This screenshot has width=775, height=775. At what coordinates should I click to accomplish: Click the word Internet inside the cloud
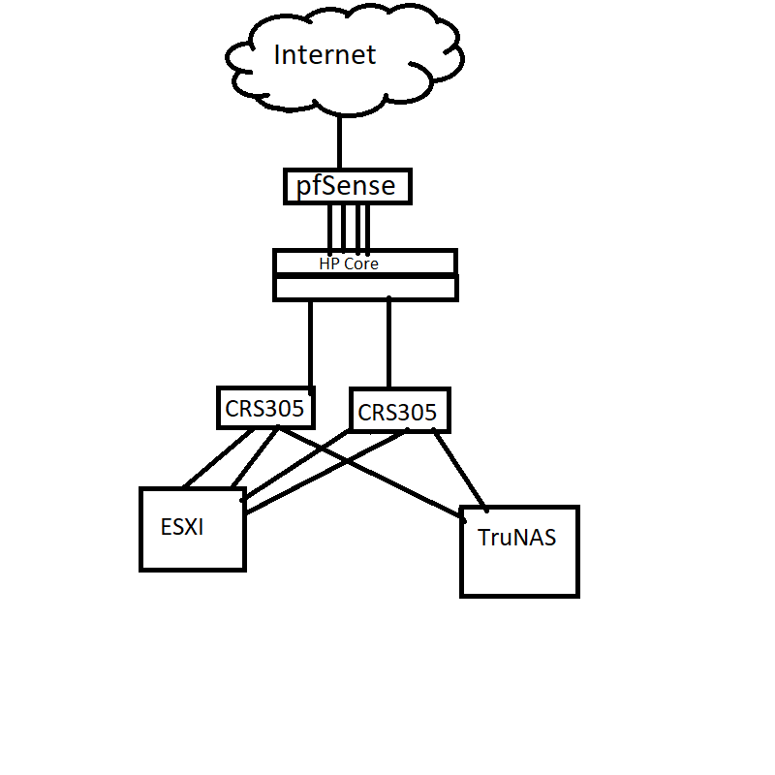click(324, 55)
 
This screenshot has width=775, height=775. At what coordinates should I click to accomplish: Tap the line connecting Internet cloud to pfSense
click(339, 141)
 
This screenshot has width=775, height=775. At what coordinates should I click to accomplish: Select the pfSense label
click(346, 186)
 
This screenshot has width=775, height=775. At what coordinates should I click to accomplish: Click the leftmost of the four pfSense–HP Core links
click(330, 227)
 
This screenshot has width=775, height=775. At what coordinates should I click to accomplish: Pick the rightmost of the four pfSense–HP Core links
click(368, 227)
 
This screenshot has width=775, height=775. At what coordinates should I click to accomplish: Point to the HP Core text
click(349, 263)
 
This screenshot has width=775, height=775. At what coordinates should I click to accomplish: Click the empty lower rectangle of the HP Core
click(365, 288)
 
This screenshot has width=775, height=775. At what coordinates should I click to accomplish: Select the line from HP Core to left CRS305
click(311, 344)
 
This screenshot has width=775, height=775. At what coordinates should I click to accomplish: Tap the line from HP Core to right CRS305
click(388, 344)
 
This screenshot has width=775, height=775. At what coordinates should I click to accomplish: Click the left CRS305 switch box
click(265, 409)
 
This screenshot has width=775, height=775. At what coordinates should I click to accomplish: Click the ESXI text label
click(182, 528)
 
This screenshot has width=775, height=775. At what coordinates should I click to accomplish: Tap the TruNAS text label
click(517, 538)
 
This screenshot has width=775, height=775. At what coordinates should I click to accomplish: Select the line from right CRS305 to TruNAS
click(459, 469)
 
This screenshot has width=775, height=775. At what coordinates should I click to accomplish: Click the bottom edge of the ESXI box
click(193, 569)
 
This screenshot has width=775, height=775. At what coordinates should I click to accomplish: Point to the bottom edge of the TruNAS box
click(519, 595)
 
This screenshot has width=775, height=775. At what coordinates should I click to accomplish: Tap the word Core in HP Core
click(362, 263)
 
